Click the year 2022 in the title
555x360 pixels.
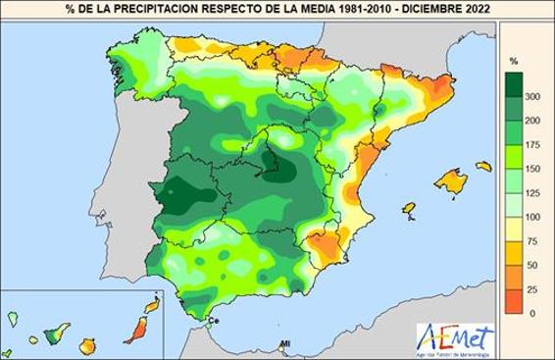click(474, 10)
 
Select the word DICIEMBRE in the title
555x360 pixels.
click(423, 10)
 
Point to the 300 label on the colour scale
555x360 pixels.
click(532, 97)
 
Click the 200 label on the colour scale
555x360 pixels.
click(532, 121)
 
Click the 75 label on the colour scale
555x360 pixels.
click(530, 240)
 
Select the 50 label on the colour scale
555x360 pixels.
click(530, 265)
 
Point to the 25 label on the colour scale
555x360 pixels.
click(530, 288)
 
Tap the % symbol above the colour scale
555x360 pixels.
click(512, 61)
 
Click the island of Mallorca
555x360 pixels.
click(451, 181)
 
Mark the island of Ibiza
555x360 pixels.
click(406, 210)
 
